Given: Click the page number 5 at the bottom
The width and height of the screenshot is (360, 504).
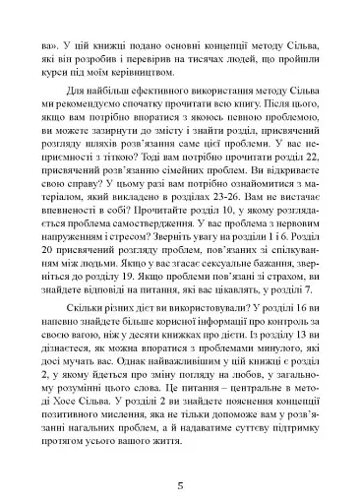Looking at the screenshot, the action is [x=180, y=458].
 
